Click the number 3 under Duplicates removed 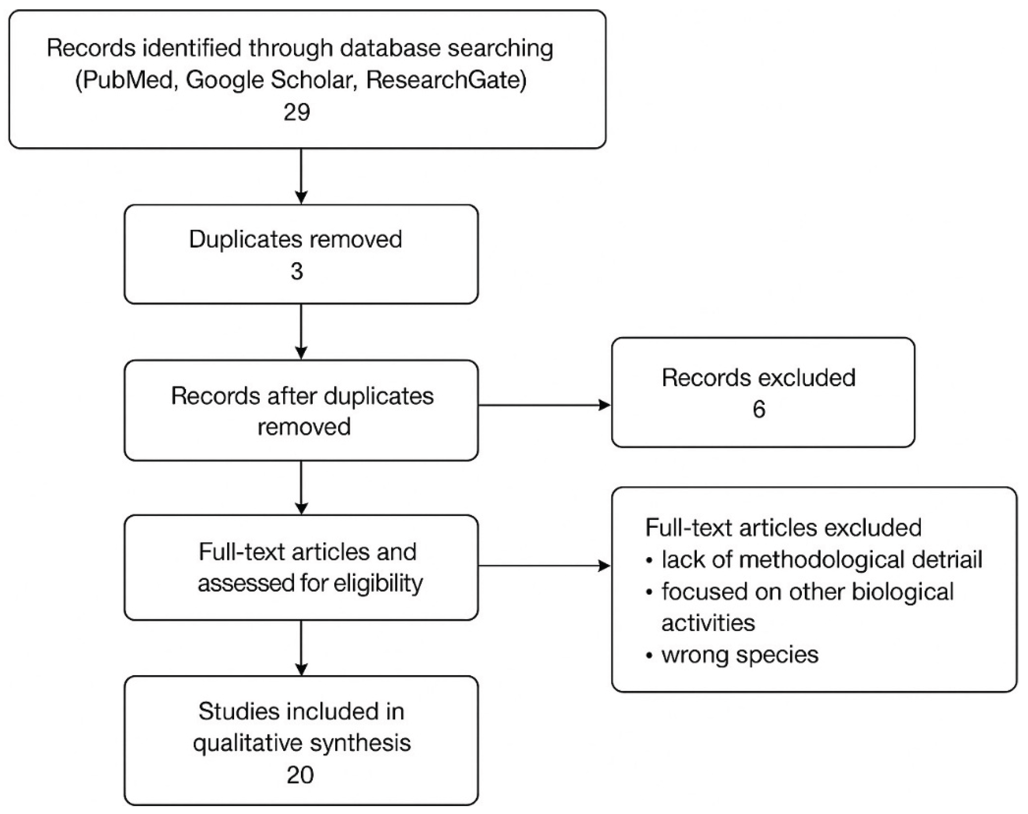tap(297, 272)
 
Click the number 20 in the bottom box tap(300, 775)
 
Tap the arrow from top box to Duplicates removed tap(301, 177)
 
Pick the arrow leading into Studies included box tap(301, 648)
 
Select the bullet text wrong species tap(739, 655)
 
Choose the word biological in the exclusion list tap(902, 592)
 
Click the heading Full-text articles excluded tap(783, 528)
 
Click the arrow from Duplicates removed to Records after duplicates tap(301, 332)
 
